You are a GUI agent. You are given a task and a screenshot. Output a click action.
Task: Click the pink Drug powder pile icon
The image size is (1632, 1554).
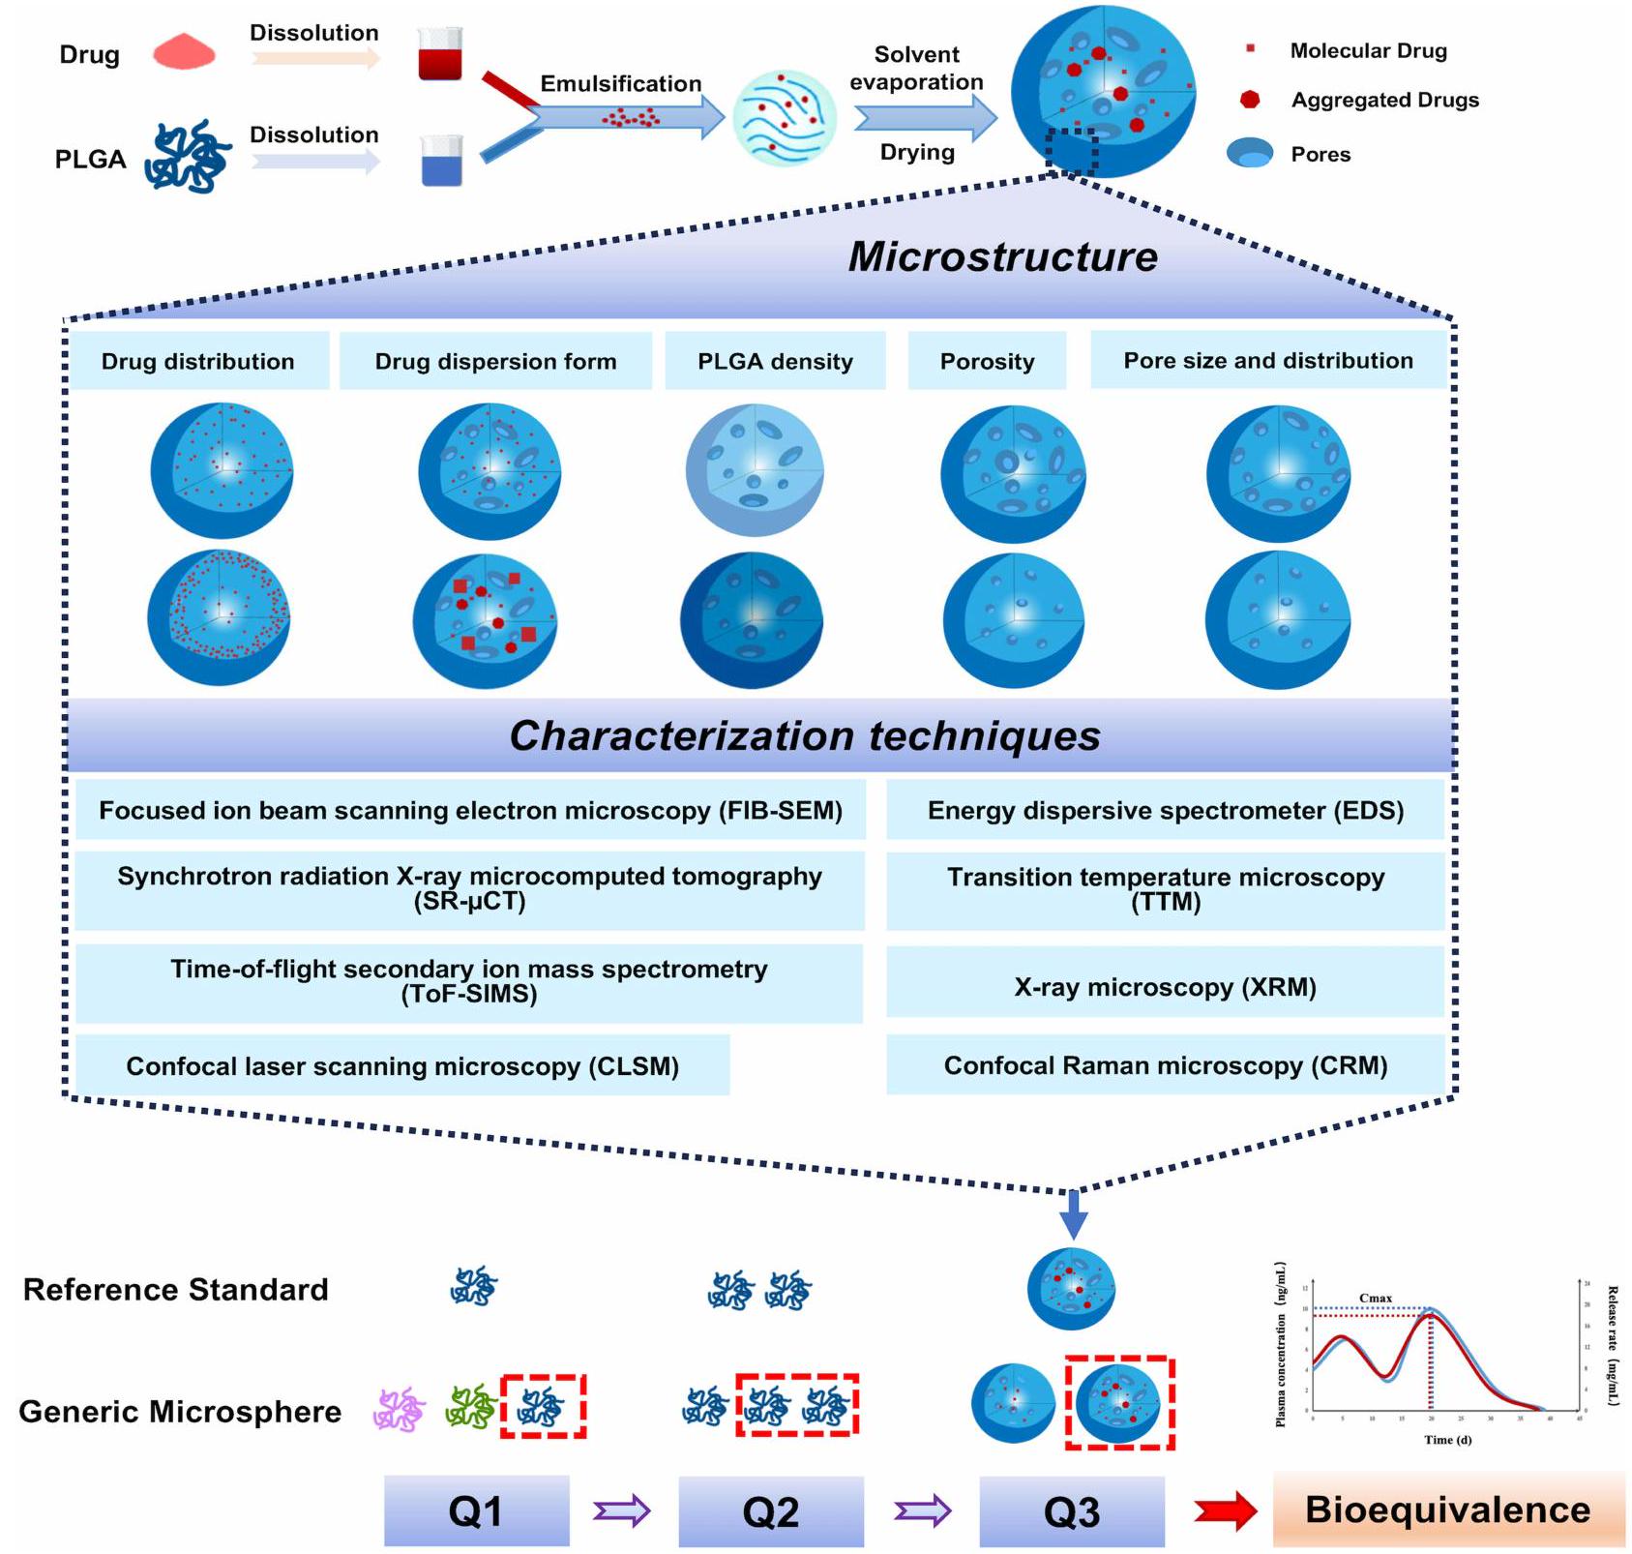[184, 52]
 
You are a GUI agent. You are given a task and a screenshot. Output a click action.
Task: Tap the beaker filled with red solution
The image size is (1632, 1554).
[440, 55]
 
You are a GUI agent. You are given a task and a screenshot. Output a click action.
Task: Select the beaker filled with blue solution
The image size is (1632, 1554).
[442, 161]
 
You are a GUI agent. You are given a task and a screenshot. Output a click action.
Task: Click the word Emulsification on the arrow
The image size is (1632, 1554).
[620, 84]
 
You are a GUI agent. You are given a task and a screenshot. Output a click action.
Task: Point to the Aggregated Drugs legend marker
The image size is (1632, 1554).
[1250, 100]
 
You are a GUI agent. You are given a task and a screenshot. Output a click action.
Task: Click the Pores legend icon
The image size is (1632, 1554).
[1250, 154]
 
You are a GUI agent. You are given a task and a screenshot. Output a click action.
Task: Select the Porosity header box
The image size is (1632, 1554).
[987, 361]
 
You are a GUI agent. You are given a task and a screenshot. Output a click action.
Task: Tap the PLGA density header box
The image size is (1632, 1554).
[775, 361]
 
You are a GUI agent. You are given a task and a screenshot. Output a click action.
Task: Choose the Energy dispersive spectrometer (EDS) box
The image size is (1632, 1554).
[1165, 811]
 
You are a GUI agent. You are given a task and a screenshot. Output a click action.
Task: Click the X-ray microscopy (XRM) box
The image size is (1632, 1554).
[1165, 987]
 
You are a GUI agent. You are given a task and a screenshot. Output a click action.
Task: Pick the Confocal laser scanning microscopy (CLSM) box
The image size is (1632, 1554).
[402, 1065]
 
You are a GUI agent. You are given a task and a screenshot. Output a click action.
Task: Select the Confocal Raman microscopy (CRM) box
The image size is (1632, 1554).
[1165, 1065]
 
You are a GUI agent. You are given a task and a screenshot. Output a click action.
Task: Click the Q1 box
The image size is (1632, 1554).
[476, 1510]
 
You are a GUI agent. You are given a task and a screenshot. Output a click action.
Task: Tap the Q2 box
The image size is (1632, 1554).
[771, 1510]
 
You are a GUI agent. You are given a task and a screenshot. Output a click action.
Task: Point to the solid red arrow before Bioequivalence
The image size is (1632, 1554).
[1225, 1510]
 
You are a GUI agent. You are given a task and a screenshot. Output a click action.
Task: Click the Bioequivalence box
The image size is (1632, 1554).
[1448, 1509]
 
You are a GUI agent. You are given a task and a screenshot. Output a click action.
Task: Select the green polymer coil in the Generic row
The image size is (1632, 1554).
[470, 1407]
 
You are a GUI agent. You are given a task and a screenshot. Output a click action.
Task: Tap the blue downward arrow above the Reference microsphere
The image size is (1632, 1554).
[1073, 1214]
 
